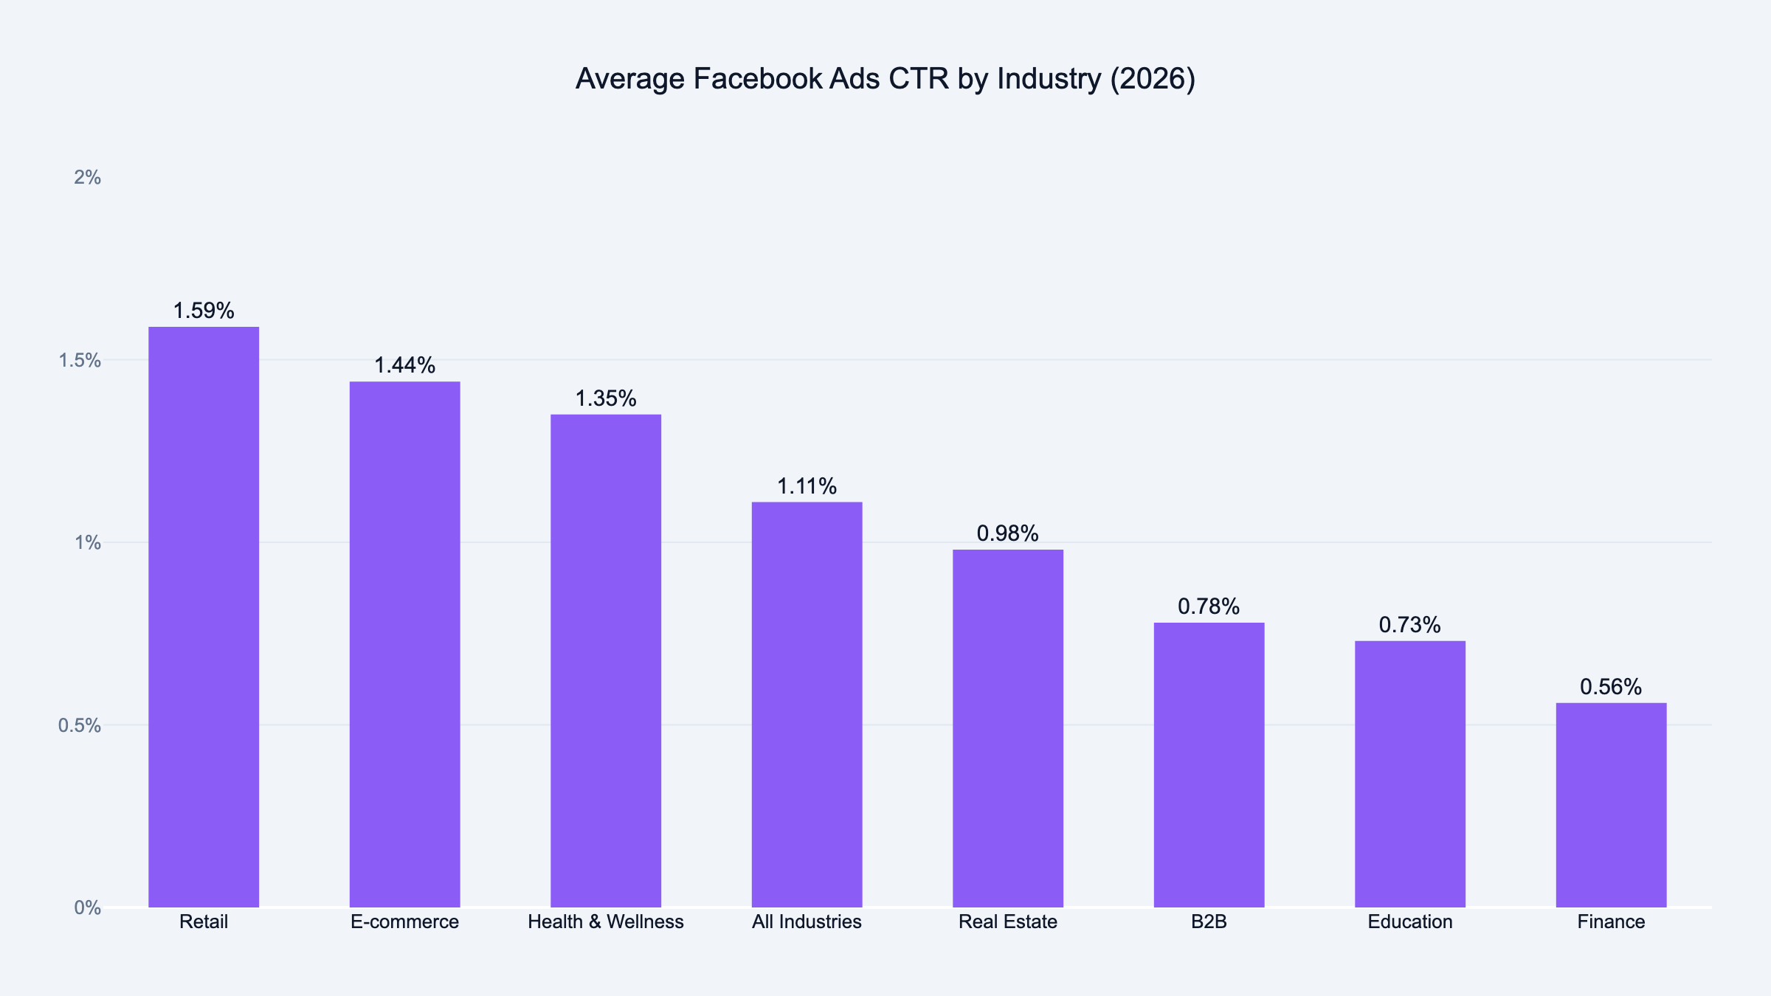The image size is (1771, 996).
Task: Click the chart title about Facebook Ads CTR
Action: [x=885, y=79]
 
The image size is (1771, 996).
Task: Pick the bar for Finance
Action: [x=1611, y=805]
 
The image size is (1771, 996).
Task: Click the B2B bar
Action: [x=1209, y=764]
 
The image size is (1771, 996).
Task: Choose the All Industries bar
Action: [x=807, y=705]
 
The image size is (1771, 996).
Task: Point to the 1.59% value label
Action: [x=204, y=311]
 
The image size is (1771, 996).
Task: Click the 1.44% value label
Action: [x=404, y=365]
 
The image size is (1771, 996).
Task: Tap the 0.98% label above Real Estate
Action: [x=1007, y=533]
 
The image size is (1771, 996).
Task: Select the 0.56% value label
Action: [x=1611, y=687]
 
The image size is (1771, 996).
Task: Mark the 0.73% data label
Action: [x=1409, y=625]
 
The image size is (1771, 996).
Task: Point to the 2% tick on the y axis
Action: [x=87, y=177]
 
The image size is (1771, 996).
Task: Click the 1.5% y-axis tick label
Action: [x=80, y=360]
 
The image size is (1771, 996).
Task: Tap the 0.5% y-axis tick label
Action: [x=80, y=725]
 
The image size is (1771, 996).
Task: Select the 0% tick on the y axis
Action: [x=87, y=907]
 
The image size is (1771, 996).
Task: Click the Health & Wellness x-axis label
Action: [x=605, y=921]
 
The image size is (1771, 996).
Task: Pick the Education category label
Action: [x=1409, y=921]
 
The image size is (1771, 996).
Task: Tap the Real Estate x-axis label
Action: [x=1007, y=921]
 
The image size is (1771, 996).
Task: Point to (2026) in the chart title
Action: [x=1153, y=79]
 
